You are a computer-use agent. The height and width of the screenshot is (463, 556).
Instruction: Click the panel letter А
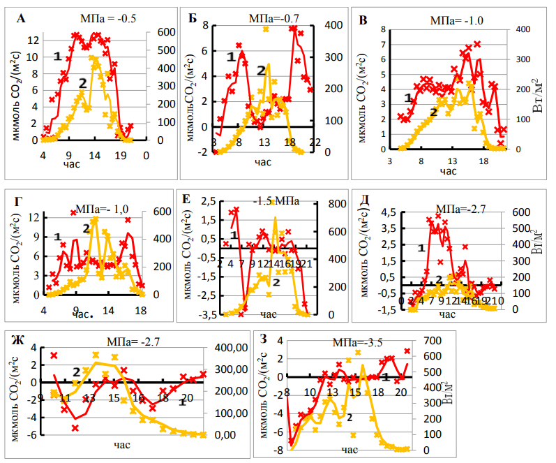tap(20, 19)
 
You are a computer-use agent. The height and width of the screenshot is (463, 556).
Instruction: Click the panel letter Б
tap(193, 17)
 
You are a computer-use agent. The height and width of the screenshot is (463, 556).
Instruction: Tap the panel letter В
tap(363, 20)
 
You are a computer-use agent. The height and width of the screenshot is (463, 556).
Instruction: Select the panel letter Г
tap(19, 203)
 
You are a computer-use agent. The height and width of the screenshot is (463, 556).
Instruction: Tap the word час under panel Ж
tap(123, 443)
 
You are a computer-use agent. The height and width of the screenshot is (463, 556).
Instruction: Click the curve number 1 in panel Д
tap(421, 247)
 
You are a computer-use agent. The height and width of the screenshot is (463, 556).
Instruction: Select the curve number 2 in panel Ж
tap(76, 370)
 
